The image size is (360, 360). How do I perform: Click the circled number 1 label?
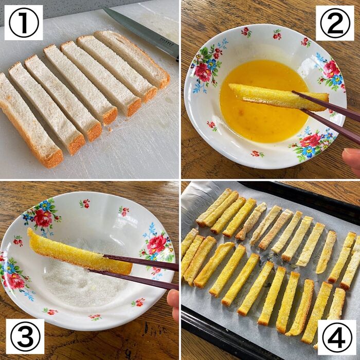tap(24, 23)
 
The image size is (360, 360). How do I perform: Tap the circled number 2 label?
tap(335, 23)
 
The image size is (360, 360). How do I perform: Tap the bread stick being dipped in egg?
tap(273, 96)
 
